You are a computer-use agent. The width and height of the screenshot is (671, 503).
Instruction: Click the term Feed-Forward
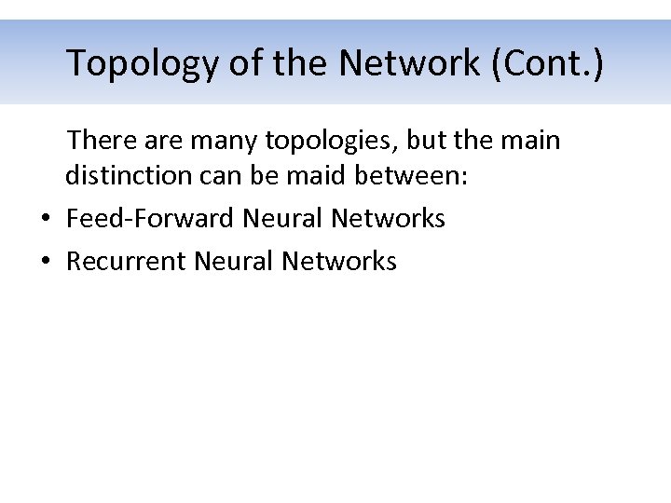[150, 218]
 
